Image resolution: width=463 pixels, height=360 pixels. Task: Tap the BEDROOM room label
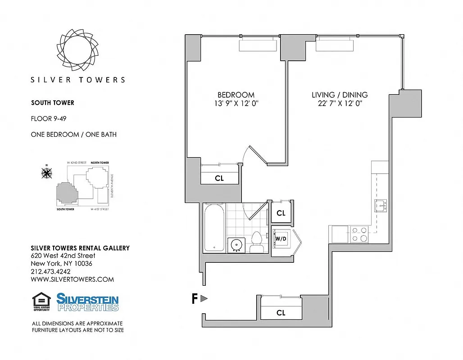pyautogui.click(x=236, y=95)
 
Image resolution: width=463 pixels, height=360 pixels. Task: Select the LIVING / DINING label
pyautogui.click(x=340, y=95)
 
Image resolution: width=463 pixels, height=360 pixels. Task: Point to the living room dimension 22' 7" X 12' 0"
pyautogui.click(x=340, y=103)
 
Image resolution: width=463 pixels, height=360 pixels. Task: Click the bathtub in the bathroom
pyautogui.click(x=214, y=228)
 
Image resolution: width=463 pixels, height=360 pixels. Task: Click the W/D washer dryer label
pyautogui.click(x=281, y=238)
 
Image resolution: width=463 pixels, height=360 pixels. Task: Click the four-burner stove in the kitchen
pyautogui.click(x=359, y=234)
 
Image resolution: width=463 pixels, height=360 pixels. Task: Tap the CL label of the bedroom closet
pyautogui.click(x=219, y=178)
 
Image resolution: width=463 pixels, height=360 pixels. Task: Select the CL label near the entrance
pyautogui.click(x=281, y=313)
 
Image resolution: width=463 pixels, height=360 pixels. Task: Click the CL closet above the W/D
pyautogui.click(x=281, y=213)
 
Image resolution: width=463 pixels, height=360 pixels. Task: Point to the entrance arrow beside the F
pyautogui.click(x=204, y=298)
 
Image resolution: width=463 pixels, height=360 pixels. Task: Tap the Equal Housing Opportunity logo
pyautogui.click(x=41, y=302)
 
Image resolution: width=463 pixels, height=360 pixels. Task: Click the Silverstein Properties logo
pyautogui.click(x=87, y=302)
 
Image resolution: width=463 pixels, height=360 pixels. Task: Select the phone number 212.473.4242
pyautogui.click(x=50, y=271)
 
